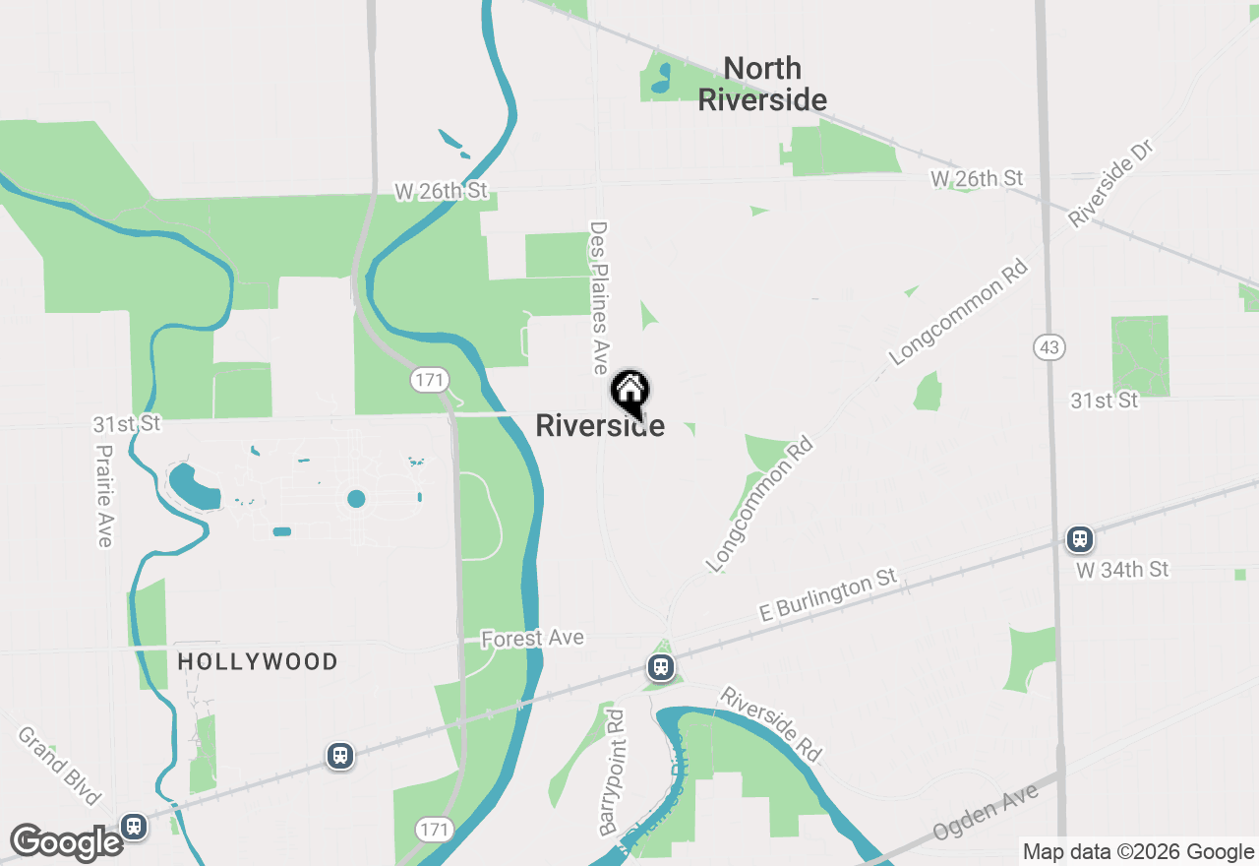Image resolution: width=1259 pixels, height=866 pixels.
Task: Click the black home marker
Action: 629,392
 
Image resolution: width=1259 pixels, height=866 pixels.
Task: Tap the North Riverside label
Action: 762,84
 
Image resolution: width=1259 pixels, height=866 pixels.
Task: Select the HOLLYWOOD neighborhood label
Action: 258,661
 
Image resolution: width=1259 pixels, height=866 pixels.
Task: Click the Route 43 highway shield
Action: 1049,346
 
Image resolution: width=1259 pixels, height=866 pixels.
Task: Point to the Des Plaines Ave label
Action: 600,296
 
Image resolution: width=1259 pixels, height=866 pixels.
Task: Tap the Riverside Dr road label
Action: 1110,184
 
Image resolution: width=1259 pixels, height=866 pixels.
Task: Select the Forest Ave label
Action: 532,639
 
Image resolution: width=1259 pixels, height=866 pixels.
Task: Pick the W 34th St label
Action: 1121,570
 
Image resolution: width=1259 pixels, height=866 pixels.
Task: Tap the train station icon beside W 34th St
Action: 1080,538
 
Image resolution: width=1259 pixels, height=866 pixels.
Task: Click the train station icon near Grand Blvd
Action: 135,826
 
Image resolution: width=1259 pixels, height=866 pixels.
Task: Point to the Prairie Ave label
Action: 104,495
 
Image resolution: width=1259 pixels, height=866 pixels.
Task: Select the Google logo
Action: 66,843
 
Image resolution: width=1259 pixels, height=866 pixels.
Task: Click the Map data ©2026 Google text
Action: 1138,852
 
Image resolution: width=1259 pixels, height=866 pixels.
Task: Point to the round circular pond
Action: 356,499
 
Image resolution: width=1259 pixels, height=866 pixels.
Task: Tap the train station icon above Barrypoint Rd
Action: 661,668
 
